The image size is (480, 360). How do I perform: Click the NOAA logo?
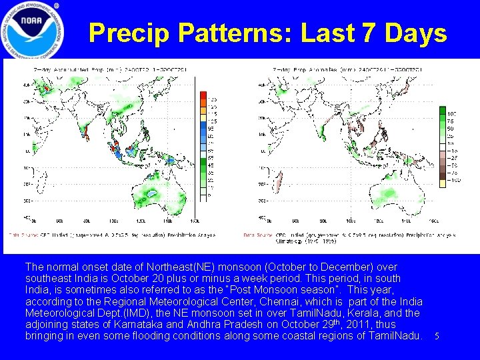point(32,30)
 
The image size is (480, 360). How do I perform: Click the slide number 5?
point(437,336)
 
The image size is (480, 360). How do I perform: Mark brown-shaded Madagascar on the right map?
point(279,181)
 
